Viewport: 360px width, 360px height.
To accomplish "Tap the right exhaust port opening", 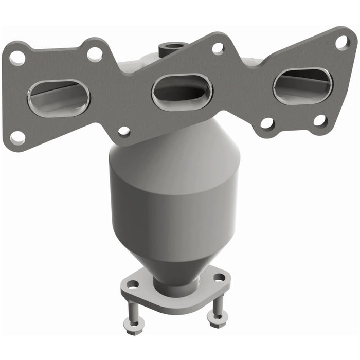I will click(x=302, y=84).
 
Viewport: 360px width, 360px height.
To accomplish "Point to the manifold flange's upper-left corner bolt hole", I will click(x=17, y=58).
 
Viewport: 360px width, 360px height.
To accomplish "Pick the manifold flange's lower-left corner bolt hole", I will click(x=17, y=137).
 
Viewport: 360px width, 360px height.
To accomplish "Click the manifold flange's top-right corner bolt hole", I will click(x=342, y=42).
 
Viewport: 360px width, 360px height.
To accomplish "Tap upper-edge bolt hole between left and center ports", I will click(x=95, y=53).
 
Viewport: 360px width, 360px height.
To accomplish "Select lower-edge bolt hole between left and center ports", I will click(x=124, y=132).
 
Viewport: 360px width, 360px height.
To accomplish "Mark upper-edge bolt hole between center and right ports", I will click(x=218, y=48).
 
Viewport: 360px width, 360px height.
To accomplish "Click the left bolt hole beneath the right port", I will click(x=267, y=123).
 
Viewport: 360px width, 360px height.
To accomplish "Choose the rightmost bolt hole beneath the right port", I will click(x=320, y=121).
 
